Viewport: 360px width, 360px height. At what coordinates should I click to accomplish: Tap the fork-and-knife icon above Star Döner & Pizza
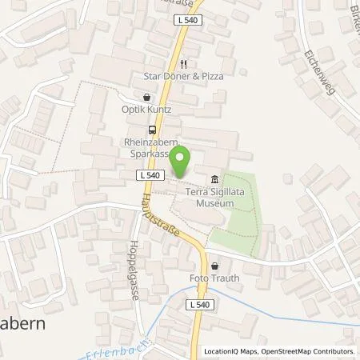point(183,64)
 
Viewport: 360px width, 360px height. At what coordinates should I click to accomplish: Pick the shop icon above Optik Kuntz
point(146,97)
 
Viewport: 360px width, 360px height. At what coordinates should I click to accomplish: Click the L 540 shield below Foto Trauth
point(201,304)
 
